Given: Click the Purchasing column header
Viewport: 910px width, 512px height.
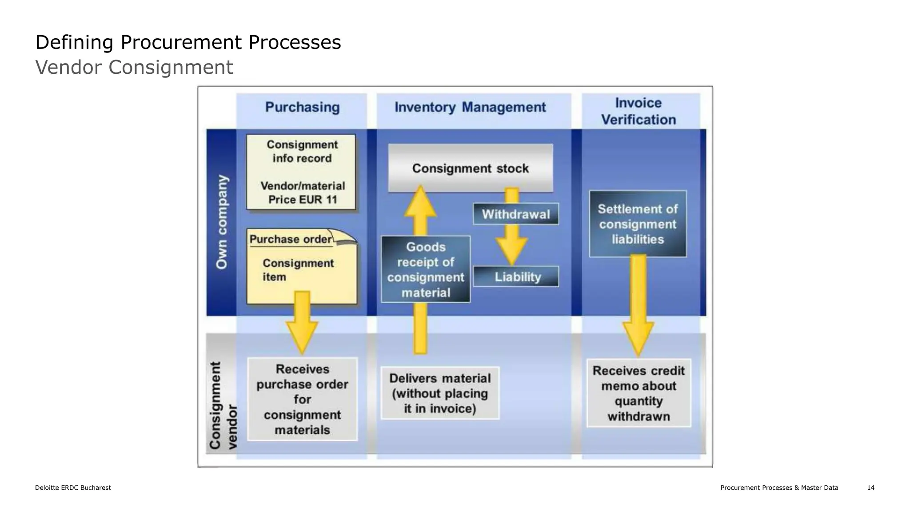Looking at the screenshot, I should pos(302,107).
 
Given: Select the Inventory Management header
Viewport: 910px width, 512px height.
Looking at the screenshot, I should pos(470,107).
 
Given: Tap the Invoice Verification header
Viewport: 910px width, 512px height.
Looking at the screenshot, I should pos(639,111).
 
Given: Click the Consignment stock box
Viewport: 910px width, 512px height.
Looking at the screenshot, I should pos(471,168).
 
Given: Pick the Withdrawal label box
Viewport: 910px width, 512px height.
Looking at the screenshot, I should pos(516,214).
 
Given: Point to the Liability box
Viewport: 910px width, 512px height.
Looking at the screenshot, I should pos(516,277).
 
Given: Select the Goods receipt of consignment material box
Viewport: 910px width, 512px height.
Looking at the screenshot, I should pos(426,270).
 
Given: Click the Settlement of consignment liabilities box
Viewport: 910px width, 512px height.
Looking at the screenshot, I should pos(638,224).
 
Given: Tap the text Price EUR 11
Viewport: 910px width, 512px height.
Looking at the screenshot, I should pos(303,200).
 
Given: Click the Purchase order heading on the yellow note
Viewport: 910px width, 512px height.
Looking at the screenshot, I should pos(291,239).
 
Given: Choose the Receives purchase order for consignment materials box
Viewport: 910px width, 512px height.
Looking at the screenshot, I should pos(302,399).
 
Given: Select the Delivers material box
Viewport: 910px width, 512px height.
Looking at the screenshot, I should pos(440,393).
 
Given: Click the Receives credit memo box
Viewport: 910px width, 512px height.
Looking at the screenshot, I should pos(639,393).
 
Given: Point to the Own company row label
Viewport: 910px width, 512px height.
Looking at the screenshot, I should pos(222,222).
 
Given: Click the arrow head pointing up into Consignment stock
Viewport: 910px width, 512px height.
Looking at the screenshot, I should pos(420,202).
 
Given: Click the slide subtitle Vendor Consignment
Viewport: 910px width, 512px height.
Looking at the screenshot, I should pos(134,68).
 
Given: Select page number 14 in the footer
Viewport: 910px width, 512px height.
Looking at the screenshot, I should pos(870,488).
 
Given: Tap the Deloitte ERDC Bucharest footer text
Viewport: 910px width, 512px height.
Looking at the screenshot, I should pos(73,488).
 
